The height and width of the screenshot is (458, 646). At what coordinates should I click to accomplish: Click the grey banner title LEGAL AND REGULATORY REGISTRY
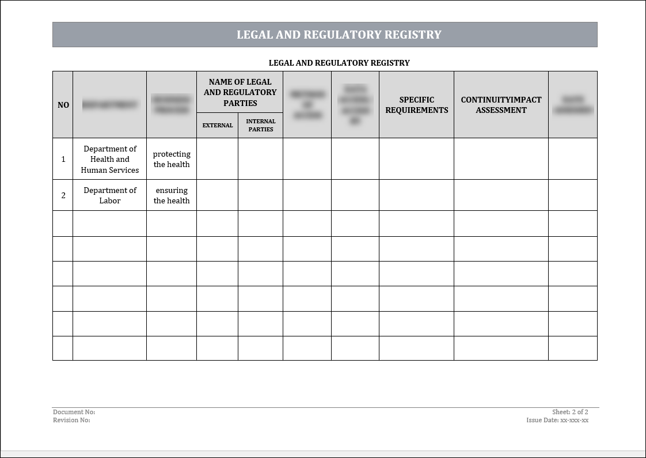pos(339,35)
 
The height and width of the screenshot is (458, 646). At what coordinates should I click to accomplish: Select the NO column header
pos(63,105)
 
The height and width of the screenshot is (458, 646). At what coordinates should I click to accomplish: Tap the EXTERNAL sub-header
pos(218,125)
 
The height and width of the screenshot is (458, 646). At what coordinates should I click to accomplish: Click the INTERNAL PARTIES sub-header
pos(261,125)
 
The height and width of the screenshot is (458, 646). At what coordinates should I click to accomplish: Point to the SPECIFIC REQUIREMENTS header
pos(416,105)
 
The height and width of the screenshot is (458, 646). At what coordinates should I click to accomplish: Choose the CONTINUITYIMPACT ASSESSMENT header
pos(501,105)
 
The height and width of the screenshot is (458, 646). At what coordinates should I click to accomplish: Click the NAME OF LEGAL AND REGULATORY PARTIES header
pos(240,92)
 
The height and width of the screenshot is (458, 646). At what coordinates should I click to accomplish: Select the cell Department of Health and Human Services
pos(110,159)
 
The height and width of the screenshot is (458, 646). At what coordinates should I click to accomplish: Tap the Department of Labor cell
pos(110,195)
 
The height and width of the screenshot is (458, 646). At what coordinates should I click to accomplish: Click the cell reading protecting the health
pos(172,159)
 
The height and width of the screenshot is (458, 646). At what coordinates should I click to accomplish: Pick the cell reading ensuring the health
pos(172,195)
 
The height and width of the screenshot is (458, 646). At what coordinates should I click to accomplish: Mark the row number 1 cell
pos(63,159)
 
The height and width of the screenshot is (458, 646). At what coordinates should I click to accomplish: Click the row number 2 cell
pos(63,195)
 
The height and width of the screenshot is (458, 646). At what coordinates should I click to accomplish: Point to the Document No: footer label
pos(74,412)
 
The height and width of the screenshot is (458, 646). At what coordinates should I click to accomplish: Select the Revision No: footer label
pos(71,420)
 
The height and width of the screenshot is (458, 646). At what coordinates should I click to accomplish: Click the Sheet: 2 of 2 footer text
pos(570,412)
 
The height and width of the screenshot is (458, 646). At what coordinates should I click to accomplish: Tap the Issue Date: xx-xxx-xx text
pos(557,420)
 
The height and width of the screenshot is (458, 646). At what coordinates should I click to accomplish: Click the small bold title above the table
pos(339,63)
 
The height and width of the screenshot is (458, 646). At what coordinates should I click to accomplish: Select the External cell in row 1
pos(218,159)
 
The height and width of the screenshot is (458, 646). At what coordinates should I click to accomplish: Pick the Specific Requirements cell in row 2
pos(416,195)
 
